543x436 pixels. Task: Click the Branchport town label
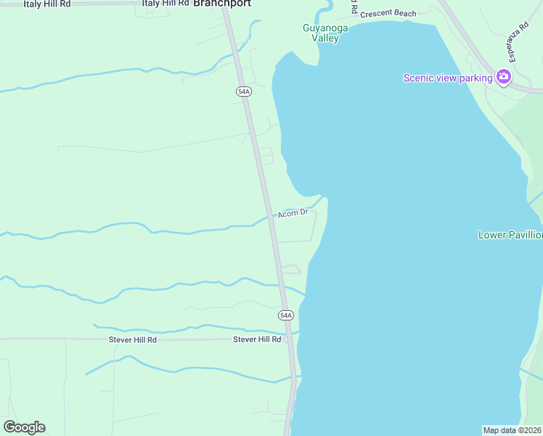(222, 4)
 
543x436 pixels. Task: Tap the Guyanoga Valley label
(325, 33)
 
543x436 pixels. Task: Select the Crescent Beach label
(388, 13)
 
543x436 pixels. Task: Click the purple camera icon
(503, 77)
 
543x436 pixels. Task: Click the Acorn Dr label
(293, 213)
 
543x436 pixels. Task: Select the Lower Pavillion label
(510, 235)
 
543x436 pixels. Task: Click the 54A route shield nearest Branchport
(243, 91)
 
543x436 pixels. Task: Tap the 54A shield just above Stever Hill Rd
(286, 315)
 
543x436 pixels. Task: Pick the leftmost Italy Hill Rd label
(47, 4)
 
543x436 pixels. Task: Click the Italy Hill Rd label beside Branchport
(166, 4)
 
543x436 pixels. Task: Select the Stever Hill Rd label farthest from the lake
(133, 339)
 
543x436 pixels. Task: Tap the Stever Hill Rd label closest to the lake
(257, 339)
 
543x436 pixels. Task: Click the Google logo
(24, 427)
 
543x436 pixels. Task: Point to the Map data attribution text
(513, 430)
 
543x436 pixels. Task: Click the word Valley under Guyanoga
(325, 39)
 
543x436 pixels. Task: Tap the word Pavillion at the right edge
(522, 235)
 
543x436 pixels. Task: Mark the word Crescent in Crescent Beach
(378, 13)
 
